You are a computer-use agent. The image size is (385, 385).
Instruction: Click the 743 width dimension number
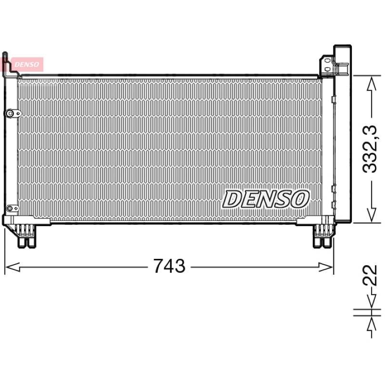click(x=169, y=266)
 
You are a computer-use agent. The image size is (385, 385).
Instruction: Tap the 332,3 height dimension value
click(x=370, y=149)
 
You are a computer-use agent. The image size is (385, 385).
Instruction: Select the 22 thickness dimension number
click(x=370, y=275)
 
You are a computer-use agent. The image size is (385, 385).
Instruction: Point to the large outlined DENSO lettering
click(x=266, y=199)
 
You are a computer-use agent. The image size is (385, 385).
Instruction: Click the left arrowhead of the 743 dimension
click(x=13, y=267)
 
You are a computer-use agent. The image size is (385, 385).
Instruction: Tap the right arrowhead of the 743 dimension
click(x=326, y=267)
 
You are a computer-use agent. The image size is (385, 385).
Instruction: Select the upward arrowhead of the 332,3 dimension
click(x=372, y=84)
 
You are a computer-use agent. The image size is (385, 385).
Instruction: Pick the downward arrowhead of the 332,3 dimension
click(x=372, y=215)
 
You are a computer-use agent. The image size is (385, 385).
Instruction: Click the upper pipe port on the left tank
click(x=13, y=114)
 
